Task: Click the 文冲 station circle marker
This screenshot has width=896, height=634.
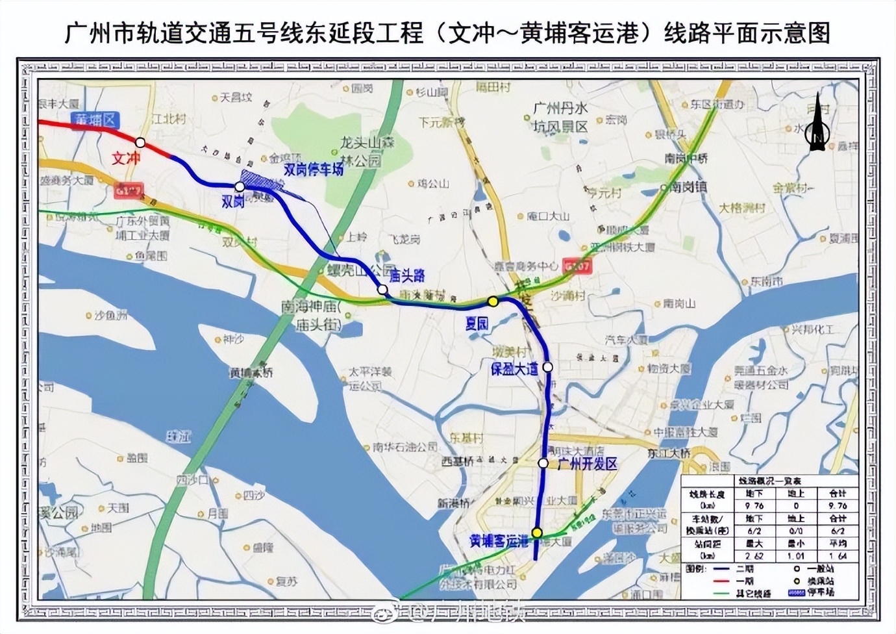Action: (140, 142)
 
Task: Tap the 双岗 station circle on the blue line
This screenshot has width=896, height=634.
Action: (240, 186)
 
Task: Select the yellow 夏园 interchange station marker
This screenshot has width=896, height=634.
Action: (493, 301)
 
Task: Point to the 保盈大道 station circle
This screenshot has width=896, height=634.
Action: (548, 367)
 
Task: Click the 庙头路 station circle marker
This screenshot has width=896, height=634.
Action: (383, 290)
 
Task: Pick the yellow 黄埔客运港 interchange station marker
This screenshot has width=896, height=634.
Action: (537, 533)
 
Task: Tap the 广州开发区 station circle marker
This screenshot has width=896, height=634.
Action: (543, 463)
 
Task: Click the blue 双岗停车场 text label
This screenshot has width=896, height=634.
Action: (314, 170)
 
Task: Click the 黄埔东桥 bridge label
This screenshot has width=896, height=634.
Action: (251, 373)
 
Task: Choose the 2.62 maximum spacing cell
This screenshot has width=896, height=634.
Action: (754, 555)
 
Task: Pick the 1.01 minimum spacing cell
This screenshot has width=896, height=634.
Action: (796, 555)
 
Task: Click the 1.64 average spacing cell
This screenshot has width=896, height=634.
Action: (838, 555)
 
